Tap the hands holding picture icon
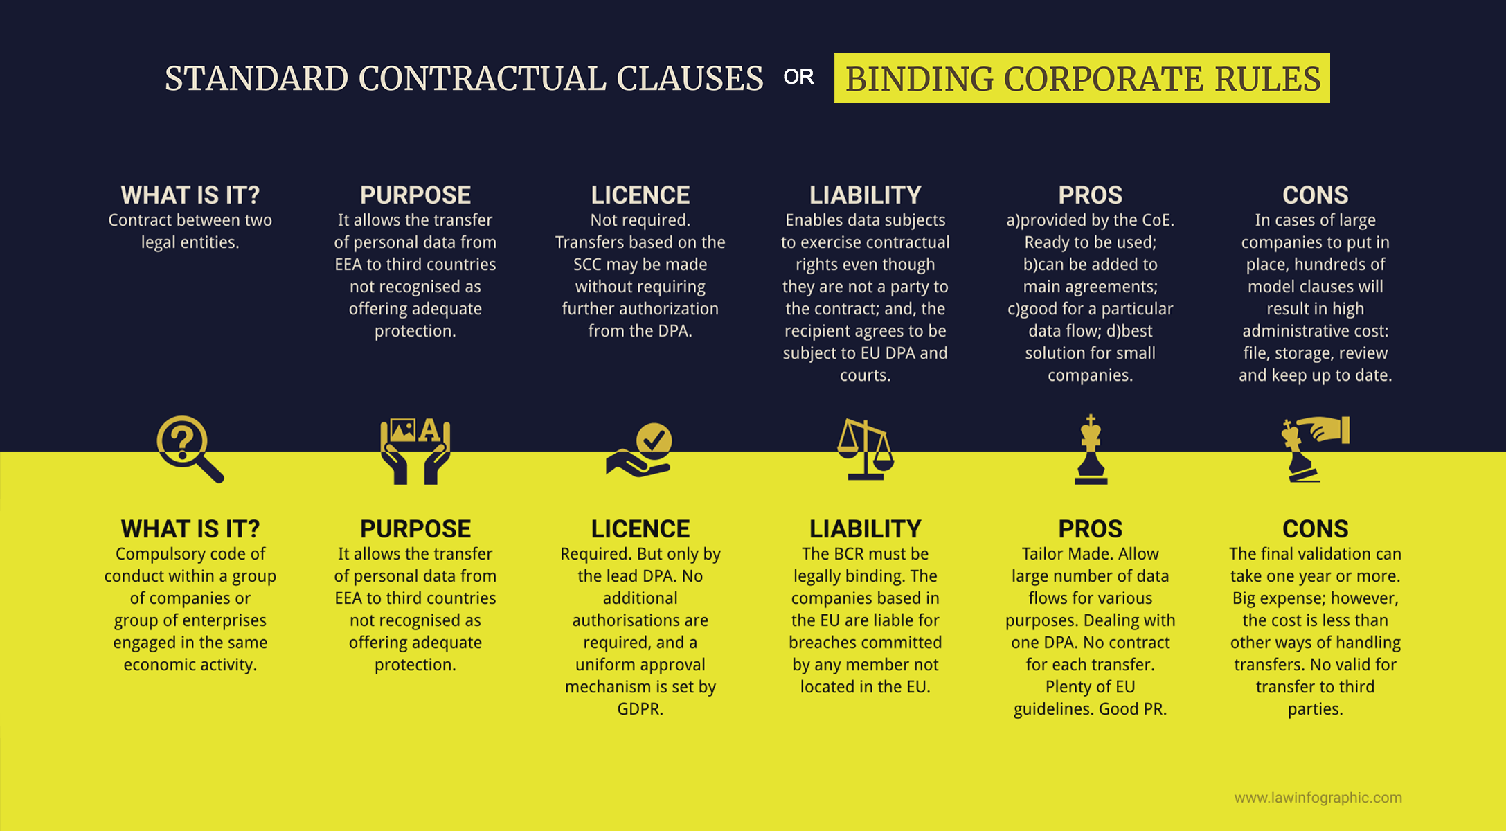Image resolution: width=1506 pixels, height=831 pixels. click(415, 450)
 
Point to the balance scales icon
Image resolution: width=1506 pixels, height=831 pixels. click(865, 449)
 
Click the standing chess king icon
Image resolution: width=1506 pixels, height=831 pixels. click(1091, 450)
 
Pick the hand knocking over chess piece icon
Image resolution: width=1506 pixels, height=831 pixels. click(1315, 449)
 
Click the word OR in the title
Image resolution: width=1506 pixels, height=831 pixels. click(798, 77)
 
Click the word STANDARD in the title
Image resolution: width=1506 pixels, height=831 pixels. click(256, 78)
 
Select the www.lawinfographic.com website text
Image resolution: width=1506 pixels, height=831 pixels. click(1318, 798)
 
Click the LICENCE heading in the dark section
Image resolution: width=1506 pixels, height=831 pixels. click(640, 195)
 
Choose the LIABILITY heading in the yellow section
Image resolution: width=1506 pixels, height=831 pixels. click(866, 529)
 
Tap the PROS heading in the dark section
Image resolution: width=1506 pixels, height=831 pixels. click(1091, 195)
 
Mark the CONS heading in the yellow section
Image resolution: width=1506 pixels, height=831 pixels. click(1316, 529)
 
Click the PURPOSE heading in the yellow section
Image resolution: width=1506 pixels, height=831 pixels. click(415, 529)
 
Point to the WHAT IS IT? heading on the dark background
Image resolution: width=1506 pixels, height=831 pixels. click(190, 195)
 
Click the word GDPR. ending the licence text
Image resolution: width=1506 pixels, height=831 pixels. click(640, 709)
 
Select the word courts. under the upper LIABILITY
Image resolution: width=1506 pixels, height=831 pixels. click(866, 375)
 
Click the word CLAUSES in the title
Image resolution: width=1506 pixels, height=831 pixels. click(690, 78)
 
